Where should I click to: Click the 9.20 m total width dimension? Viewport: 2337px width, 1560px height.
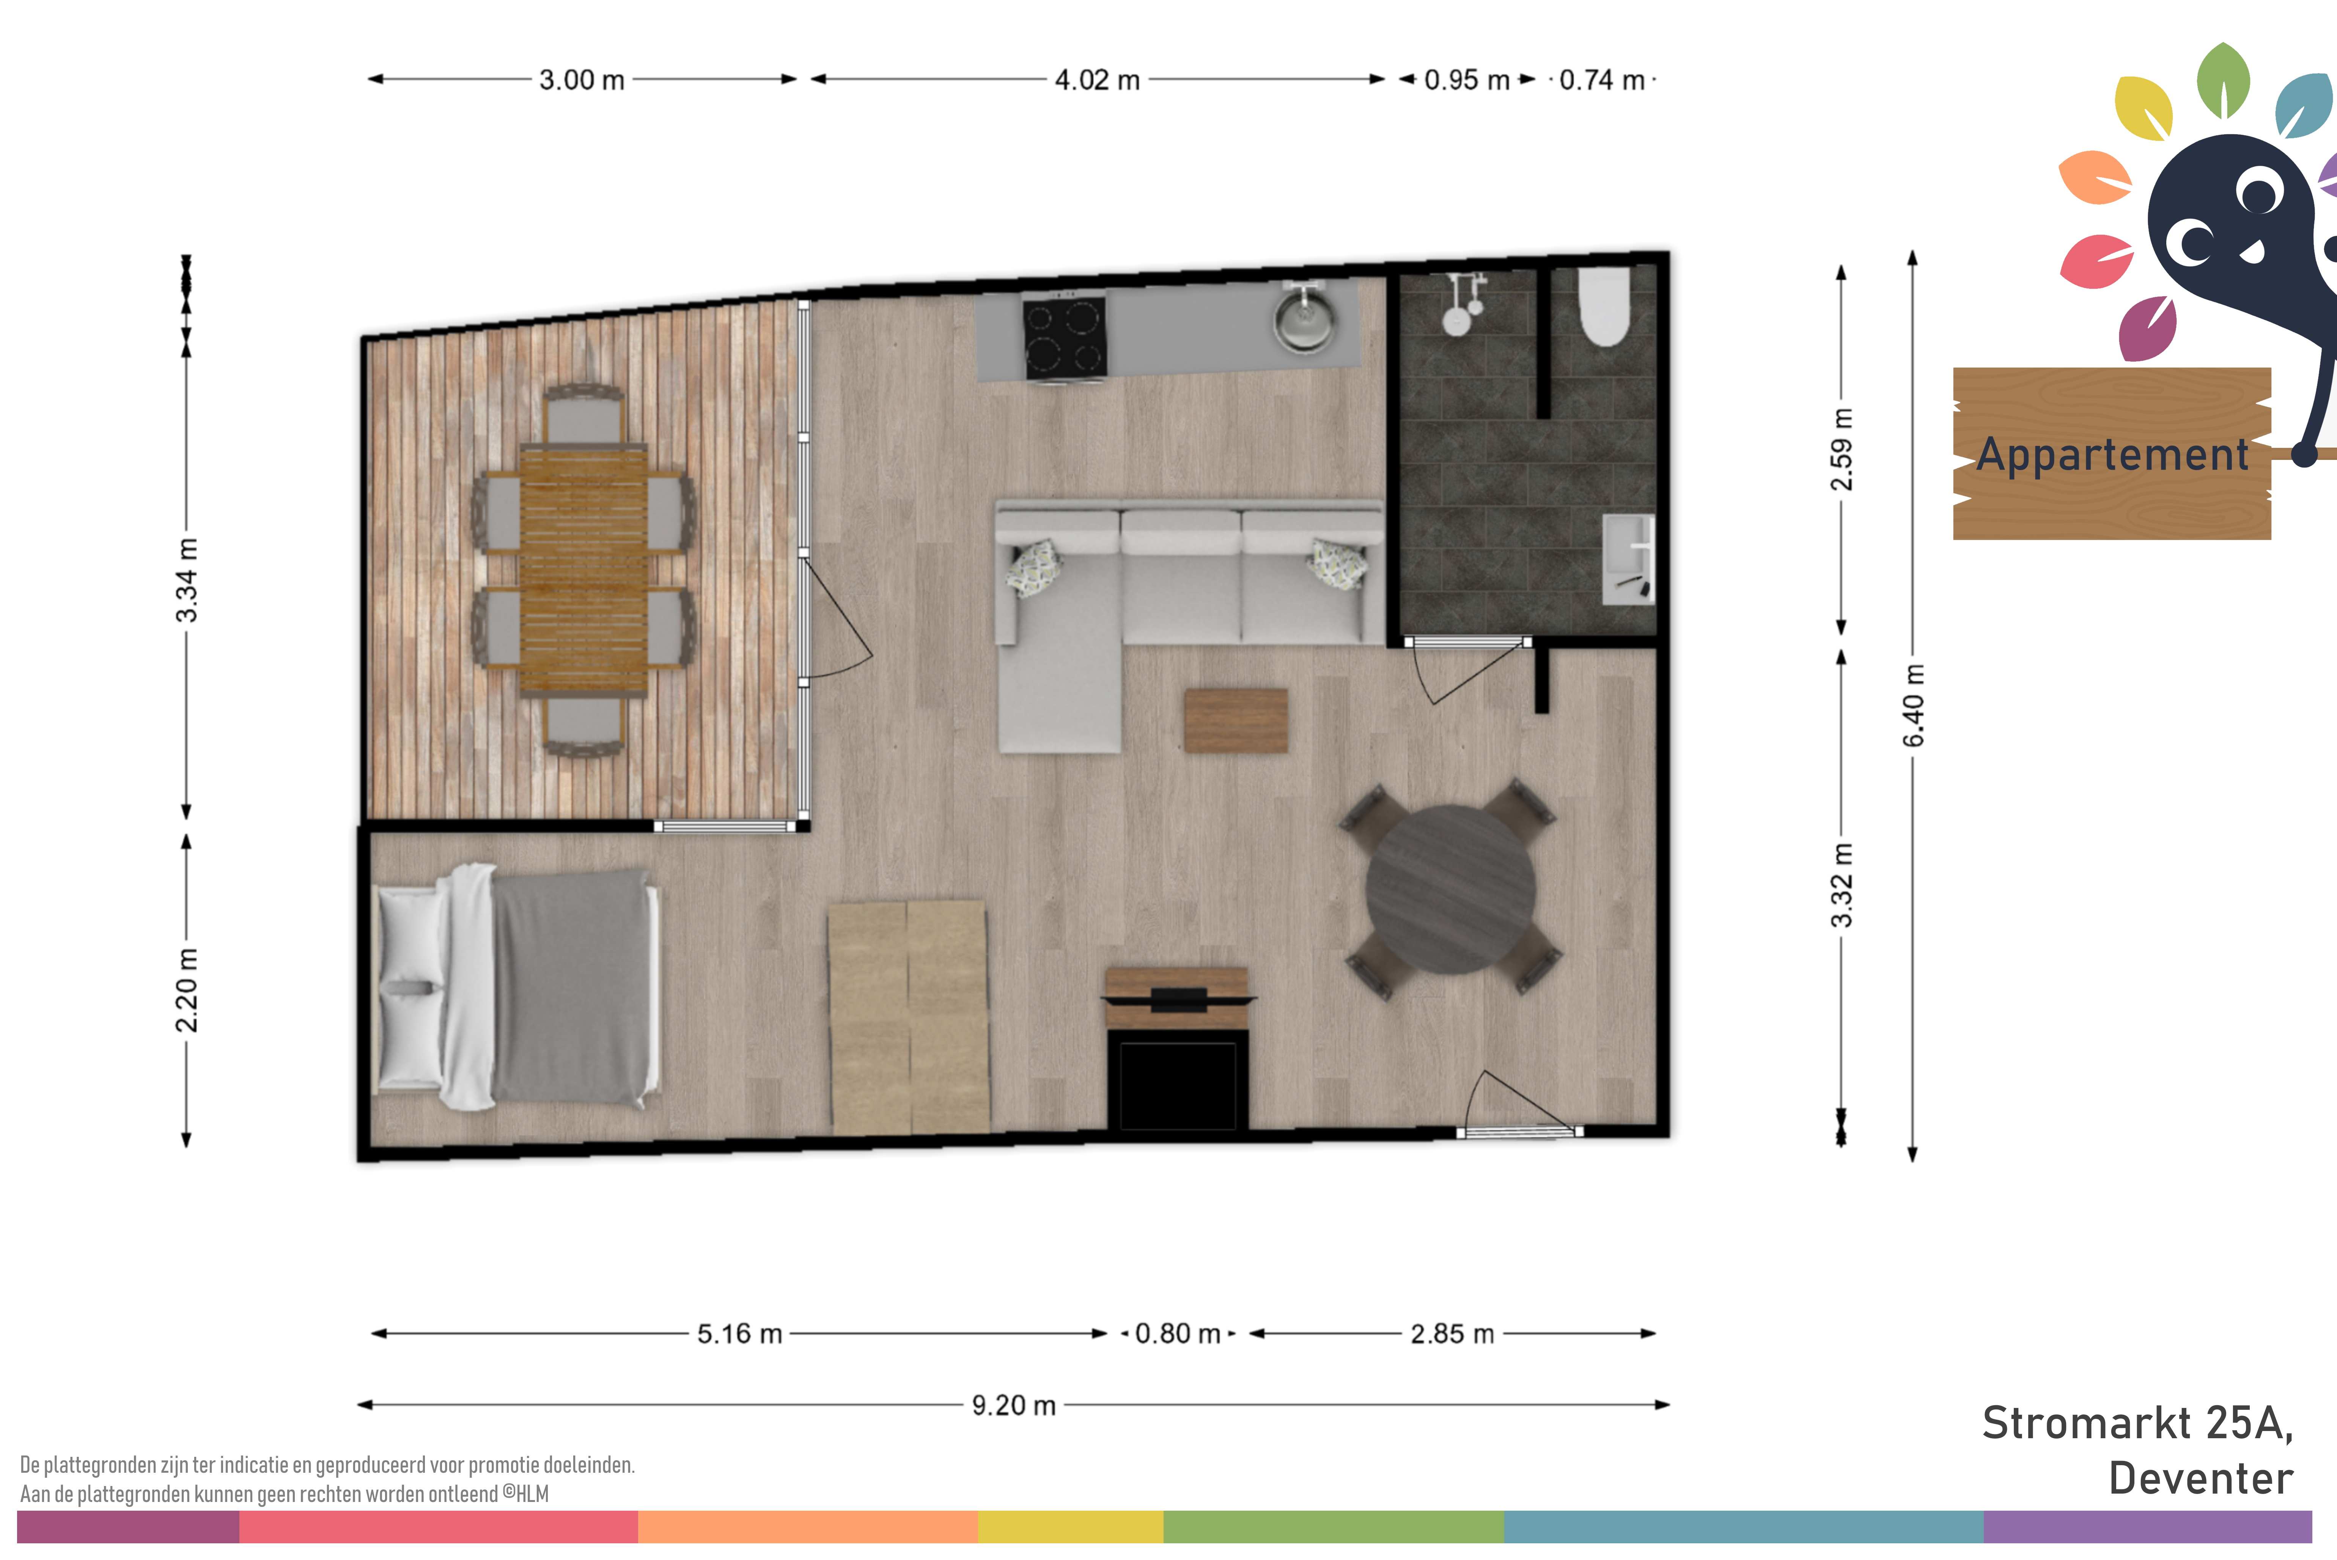coord(1013,1405)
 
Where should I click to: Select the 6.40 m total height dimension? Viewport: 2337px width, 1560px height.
coord(1913,705)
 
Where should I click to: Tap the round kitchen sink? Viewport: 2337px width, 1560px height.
coord(1304,318)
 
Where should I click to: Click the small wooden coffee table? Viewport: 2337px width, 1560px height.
coord(1236,720)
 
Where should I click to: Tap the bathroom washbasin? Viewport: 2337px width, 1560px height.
coord(1628,559)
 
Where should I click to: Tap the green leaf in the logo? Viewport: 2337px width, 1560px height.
coord(2222,80)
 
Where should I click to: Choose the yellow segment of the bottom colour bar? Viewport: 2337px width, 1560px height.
coord(1071,1527)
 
